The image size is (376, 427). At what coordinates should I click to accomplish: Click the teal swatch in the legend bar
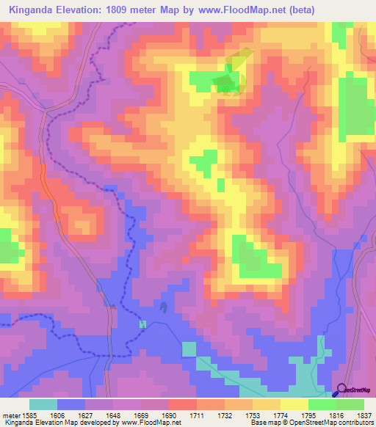tap(43, 404)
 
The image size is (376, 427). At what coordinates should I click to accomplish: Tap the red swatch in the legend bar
tap(183, 404)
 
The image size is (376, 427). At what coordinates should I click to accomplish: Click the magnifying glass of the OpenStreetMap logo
tap(339, 390)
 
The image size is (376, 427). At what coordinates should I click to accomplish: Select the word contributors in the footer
tap(355, 423)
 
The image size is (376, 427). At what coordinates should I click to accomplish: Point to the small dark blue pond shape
tap(162, 307)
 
